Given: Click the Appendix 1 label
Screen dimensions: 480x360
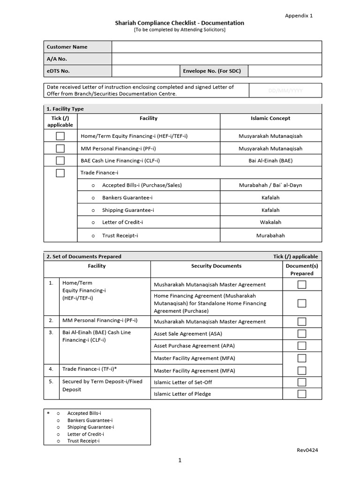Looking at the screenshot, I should (x=299, y=15).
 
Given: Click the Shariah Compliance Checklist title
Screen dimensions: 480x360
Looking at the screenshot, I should (x=180, y=22).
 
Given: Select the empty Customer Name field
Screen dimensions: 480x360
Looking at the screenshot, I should (x=217, y=47).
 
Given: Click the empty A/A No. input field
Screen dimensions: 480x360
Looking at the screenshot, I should (x=217, y=59).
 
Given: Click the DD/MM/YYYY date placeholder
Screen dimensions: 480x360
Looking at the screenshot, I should (x=285, y=90).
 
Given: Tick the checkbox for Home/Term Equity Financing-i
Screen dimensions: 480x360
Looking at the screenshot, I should (x=60, y=136).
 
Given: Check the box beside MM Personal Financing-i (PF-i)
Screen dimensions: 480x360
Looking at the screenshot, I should (x=60, y=149).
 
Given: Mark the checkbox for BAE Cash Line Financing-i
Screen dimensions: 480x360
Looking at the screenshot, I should (x=60, y=161).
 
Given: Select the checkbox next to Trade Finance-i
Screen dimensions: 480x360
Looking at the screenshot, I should (x=60, y=173).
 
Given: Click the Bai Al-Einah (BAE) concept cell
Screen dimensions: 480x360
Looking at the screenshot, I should (x=270, y=161).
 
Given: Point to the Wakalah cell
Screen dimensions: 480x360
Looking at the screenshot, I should (x=270, y=222).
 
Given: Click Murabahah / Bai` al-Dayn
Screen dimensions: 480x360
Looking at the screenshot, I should (x=270, y=185).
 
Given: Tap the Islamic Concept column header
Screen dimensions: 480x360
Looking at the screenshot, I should (x=270, y=118).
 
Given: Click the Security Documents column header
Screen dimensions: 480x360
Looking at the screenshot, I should (x=216, y=266).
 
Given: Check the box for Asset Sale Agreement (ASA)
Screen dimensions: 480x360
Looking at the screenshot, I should (x=302, y=334).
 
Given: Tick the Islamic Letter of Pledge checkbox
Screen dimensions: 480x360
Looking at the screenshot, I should (x=302, y=394).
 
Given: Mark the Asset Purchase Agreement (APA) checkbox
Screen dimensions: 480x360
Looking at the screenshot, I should (x=302, y=346).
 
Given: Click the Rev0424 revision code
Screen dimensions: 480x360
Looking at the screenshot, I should (x=307, y=450).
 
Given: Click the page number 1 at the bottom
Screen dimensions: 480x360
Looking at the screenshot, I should (x=180, y=460).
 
